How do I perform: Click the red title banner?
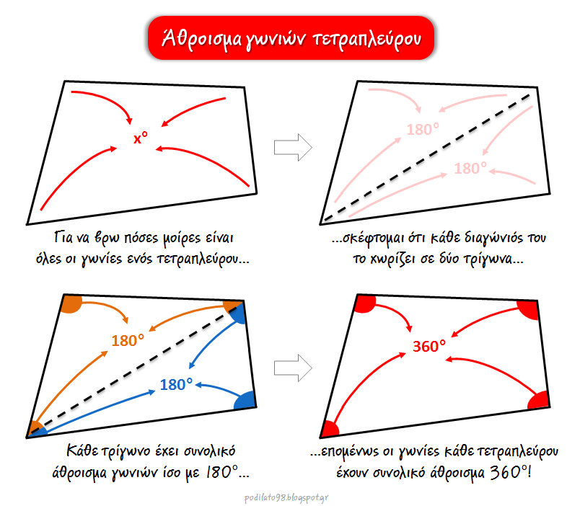291,38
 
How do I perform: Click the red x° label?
141,138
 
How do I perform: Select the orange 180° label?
128,340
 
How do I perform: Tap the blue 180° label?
177,384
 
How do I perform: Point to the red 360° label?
429,346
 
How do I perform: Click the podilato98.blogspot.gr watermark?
286,497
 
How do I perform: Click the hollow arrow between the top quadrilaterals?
293,148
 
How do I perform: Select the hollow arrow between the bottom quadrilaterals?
293,368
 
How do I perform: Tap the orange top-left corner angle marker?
71,303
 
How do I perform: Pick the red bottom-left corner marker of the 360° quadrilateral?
330,429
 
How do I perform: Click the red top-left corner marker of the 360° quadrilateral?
365,303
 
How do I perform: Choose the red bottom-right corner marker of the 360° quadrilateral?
539,400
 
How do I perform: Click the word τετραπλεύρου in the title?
366,39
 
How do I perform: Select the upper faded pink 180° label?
423,129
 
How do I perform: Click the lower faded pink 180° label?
470,168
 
